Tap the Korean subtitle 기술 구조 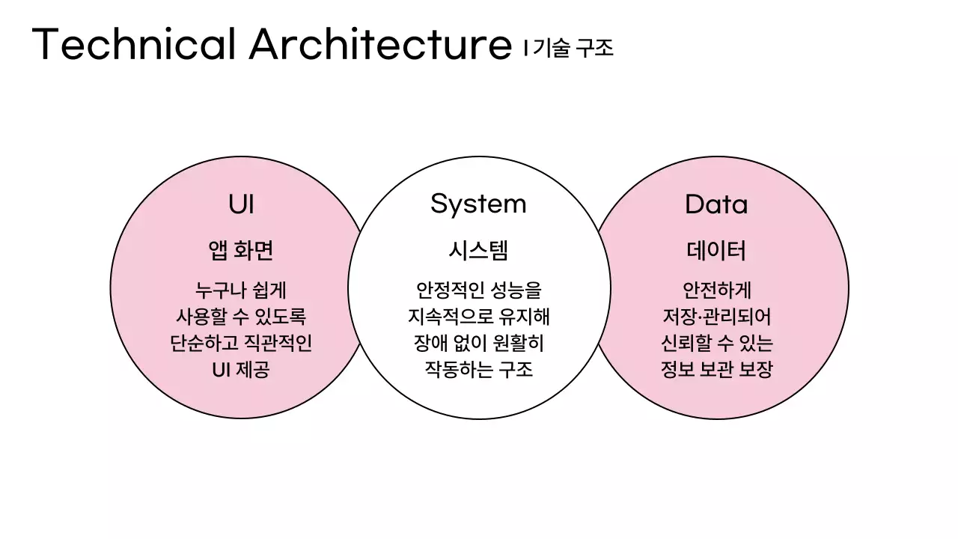tap(573, 49)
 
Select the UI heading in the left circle tap(241, 204)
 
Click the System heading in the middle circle tap(478, 204)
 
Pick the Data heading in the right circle tap(716, 204)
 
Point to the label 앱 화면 tap(241, 251)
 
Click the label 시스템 tap(478, 251)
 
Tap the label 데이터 tap(716, 251)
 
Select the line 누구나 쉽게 tap(241, 290)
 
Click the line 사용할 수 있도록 tap(241, 317)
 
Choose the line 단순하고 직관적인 tap(241, 344)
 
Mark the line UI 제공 tap(241, 370)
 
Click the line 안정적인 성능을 tap(478, 290)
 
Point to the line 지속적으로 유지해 tap(478, 317)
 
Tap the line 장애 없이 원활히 tap(478, 344)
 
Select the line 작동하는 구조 tap(478, 370)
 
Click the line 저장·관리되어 tap(716, 317)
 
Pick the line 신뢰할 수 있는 tap(716, 344)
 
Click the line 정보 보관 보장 tap(716, 370)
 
